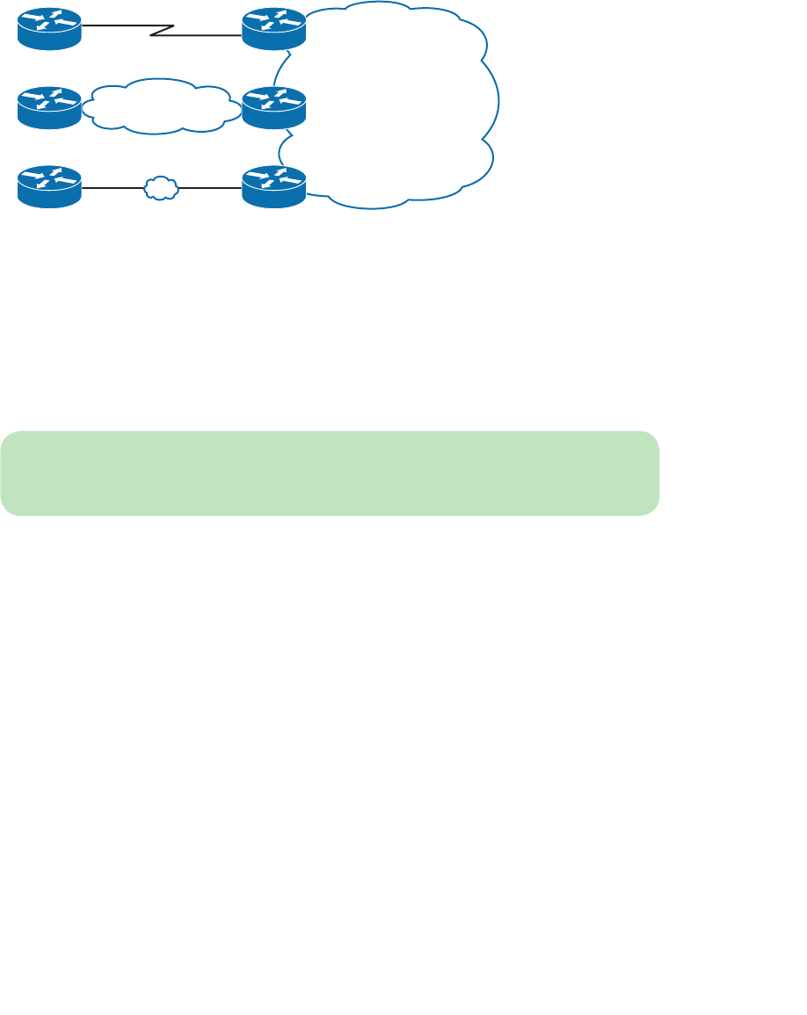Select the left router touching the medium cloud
49,107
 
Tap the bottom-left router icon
49,186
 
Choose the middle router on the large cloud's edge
273,107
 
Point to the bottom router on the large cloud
273,186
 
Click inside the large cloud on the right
396,105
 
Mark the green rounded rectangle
330,472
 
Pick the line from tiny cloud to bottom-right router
211,187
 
